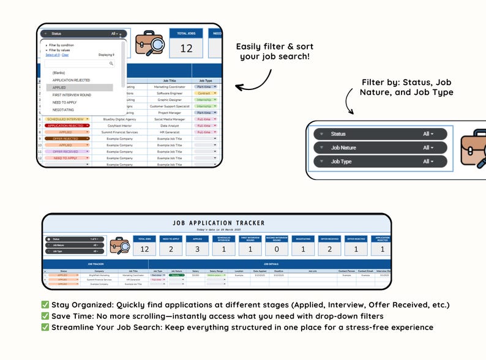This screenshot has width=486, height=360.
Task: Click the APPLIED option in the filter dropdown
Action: [x=59, y=88]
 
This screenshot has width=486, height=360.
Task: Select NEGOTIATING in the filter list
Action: [x=63, y=110]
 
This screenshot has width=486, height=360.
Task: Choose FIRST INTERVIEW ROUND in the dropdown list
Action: [x=72, y=95]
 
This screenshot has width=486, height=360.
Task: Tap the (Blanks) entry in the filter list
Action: [x=59, y=73]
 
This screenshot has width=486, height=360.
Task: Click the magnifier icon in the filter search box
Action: [x=111, y=63]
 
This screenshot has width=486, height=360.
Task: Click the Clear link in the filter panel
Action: [x=65, y=54]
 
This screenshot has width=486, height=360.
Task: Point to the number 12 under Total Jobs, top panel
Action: [x=186, y=48]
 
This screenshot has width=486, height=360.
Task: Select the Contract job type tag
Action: [x=204, y=94]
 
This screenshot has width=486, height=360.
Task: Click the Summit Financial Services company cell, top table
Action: [x=119, y=132]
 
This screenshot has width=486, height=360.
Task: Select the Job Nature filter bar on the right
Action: [x=379, y=148]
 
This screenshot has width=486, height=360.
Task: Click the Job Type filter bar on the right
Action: [x=379, y=162]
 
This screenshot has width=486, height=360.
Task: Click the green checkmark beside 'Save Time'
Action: [x=45, y=316]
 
